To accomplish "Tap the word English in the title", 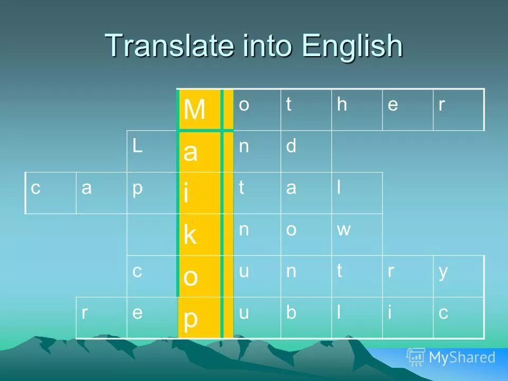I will (x=352, y=47).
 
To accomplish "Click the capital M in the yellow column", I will (x=195, y=110).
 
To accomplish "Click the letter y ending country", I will (x=443, y=272).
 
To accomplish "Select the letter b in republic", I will (x=291, y=313).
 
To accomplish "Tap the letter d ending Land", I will (x=291, y=147).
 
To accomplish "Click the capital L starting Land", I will (x=137, y=147).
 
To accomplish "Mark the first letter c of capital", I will (x=35, y=189).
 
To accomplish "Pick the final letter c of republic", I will (x=443, y=313).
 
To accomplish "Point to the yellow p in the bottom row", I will (x=190, y=319).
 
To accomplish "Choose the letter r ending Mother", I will (x=441, y=105).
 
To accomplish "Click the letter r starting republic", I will (x=85, y=313).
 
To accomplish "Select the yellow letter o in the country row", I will (x=190, y=277).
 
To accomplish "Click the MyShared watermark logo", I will (x=451, y=357).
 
